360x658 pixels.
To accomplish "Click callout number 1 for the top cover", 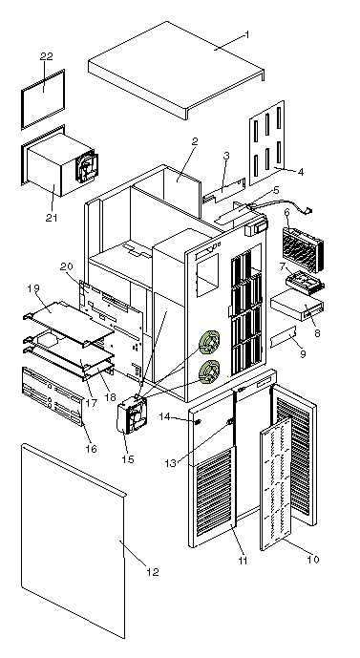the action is pyautogui.click(x=246, y=34).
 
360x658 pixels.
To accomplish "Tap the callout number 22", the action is pyautogui.click(x=46, y=56).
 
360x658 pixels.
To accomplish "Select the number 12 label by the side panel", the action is pyautogui.click(x=153, y=572).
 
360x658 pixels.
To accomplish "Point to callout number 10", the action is pyautogui.click(x=313, y=560).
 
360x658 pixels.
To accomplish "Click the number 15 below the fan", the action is pyautogui.click(x=128, y=459).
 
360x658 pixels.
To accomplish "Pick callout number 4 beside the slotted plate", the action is pyautogui.click(x=300, y=171).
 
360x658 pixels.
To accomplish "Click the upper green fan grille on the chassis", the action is pyautogui.click(x=210, y=341).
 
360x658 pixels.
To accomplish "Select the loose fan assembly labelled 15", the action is pyautogui.click(x=132, y=415).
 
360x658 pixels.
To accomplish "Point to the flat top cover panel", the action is pyautogui.click(x=177, y=70).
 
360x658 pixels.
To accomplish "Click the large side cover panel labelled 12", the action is pyautogui.click(x=74, y=540).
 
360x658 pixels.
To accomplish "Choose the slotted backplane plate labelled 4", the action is pyautogui.click(x=266, y=142).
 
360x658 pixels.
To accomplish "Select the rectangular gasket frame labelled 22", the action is pyautogui.click(x=43, y=99).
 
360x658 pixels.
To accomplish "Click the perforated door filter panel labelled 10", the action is pyautogui.click(x=276, y=482).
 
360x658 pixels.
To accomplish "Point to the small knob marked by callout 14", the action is pyautogui.click(x=199, y=421).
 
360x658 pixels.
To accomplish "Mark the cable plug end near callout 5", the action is pyautogui.click(x=309, y=211).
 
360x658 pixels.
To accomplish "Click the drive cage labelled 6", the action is pyautogui.click(x=303, y=249).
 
